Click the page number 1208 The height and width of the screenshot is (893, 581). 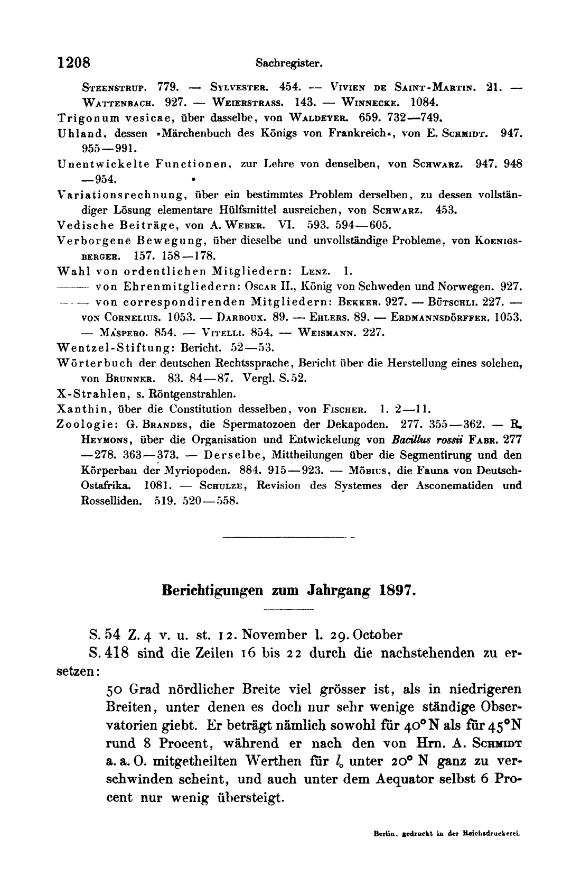(x=75, y=62)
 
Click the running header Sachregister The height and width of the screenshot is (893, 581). (x=289, y=63)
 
